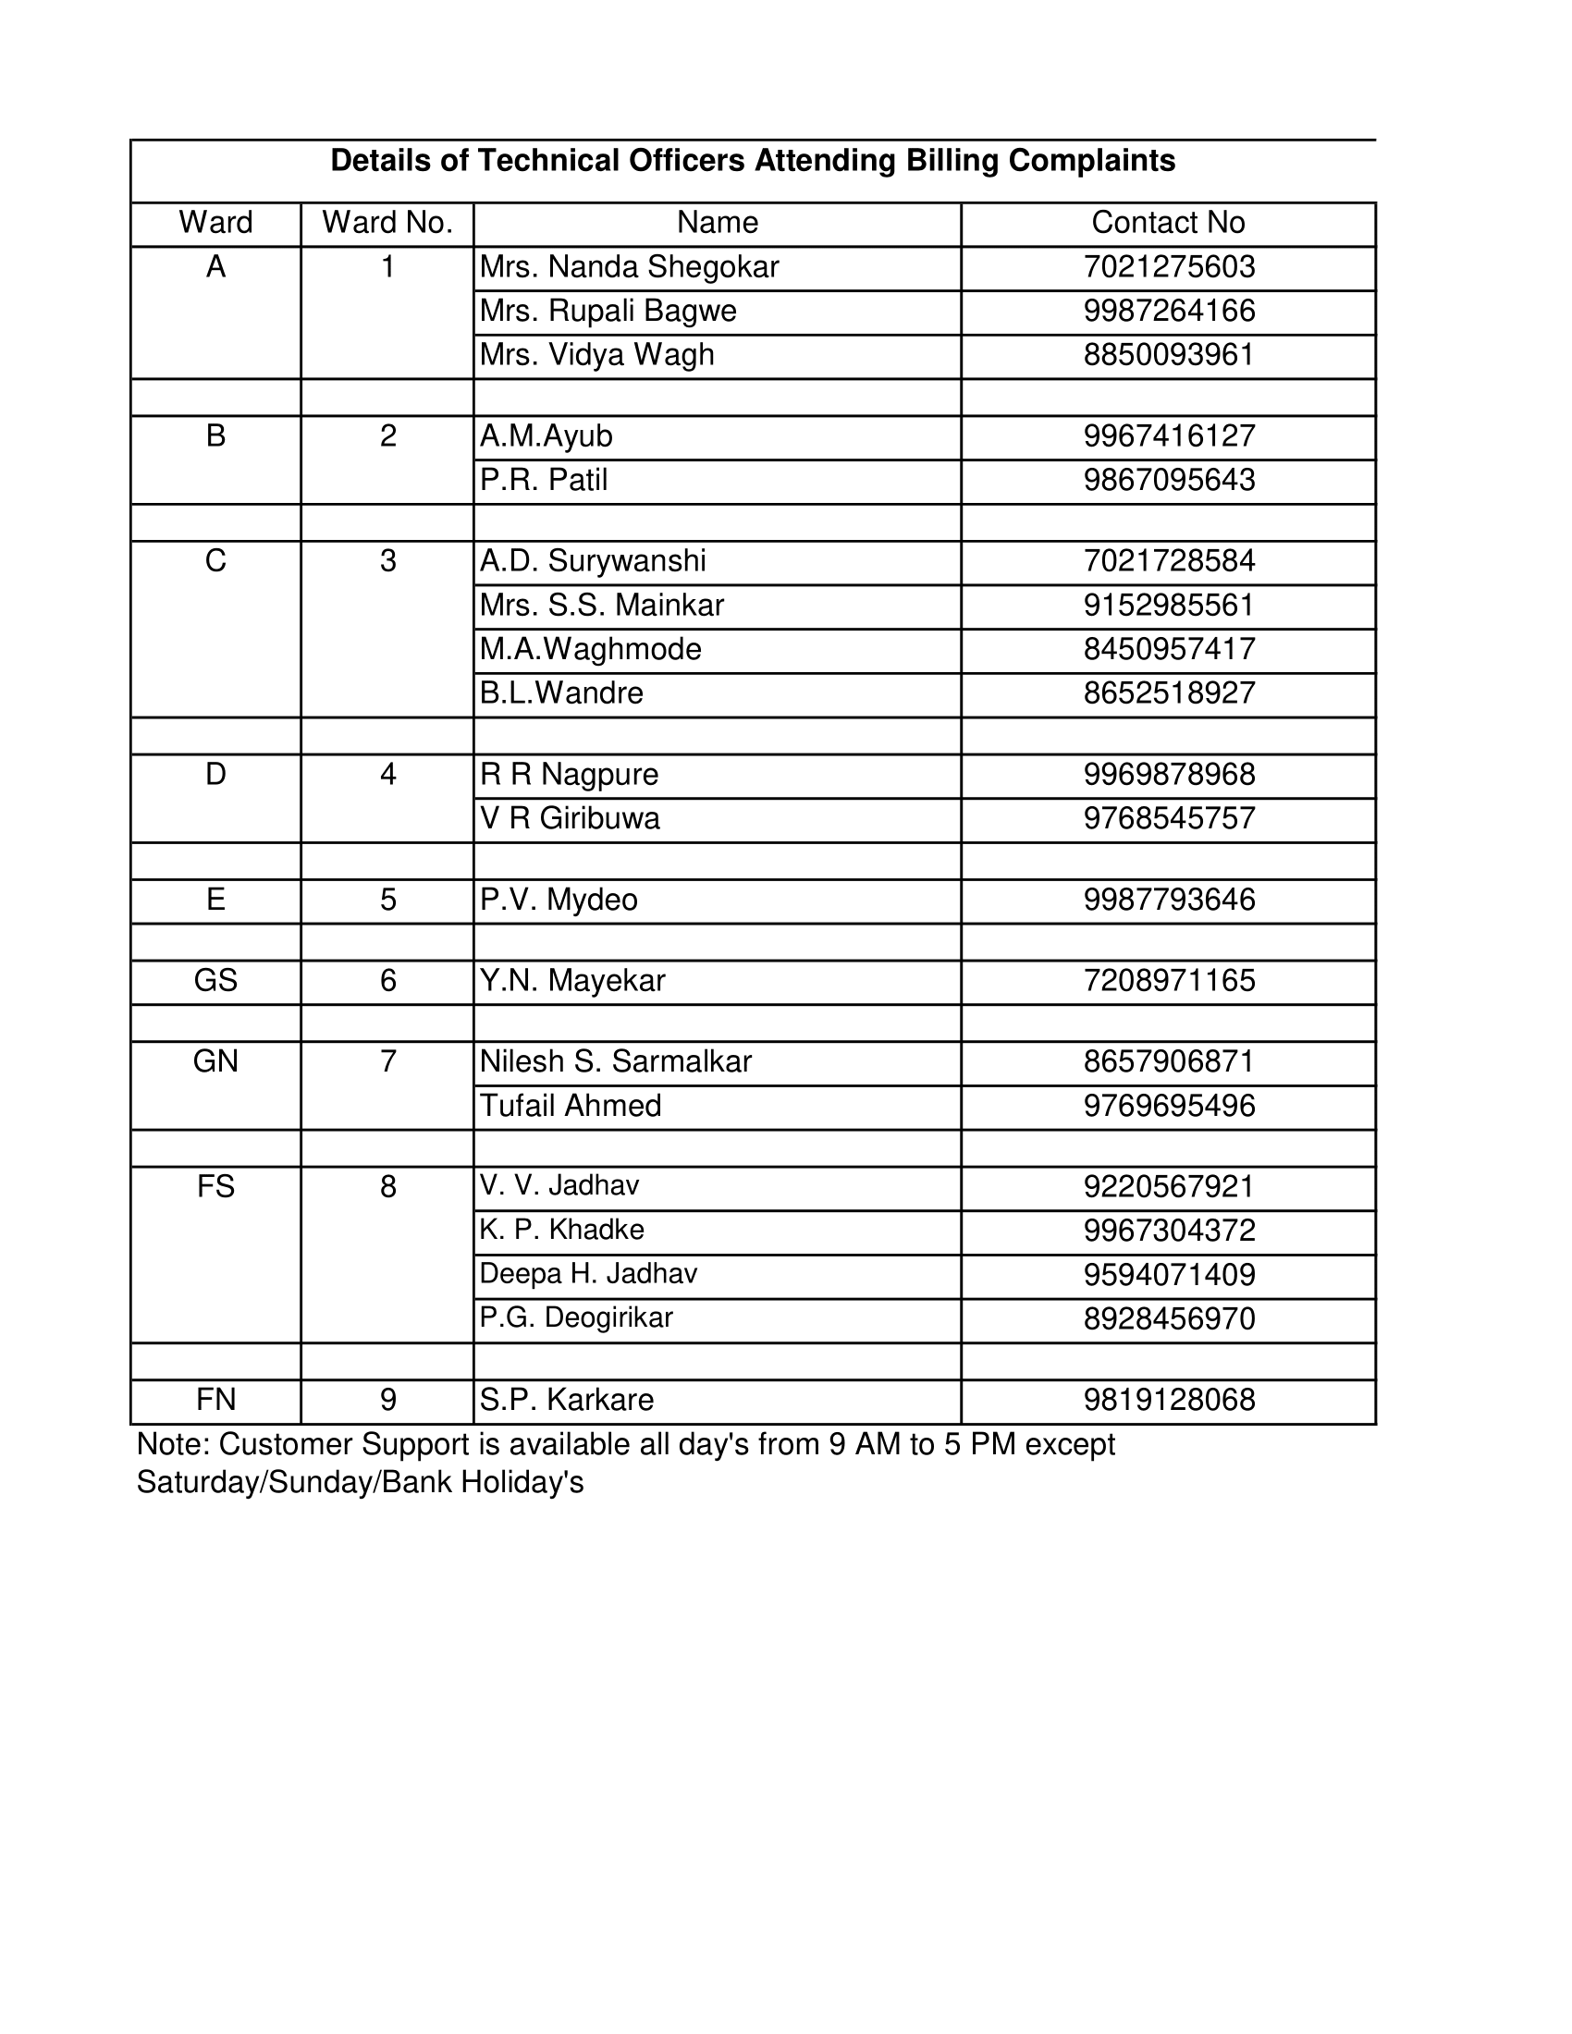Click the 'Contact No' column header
[1168, 223]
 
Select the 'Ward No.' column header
[387, 223]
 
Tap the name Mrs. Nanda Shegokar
[629, 267]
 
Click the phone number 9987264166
[1169, 311]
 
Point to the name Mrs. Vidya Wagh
[596, 355]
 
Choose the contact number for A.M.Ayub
[1169, 435]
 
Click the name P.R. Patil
[543, 480]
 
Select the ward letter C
[215, 560]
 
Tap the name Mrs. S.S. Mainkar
[601, 606]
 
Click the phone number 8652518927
[1169, 692]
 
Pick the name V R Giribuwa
[569, 818]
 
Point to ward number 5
[387, 900]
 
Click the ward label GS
[215, 981]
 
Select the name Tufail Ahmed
[570, 1106]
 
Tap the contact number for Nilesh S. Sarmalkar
[1169, 1061]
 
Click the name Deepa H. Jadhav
[587, 1273]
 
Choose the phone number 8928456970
[1169, 1318]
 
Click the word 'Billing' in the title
[952, 161]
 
